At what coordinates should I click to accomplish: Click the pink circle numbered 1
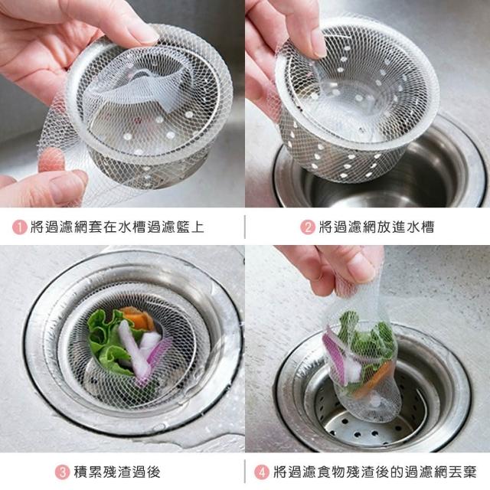(x=19, y=227)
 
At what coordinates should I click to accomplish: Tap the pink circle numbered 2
(x=308, y=227)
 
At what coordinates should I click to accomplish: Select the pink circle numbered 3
(x=62, y=472)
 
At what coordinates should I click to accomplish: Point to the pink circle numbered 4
(x=262, y=472)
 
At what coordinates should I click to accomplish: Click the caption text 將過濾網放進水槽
(x=377, y=227)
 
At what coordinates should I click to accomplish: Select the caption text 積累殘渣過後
(x=117, y=472)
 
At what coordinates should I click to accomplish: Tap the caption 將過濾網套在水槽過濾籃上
(x=117, y=227)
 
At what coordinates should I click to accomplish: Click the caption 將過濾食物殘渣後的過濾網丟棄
(x=375, y=472)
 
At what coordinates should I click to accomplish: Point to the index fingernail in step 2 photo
(x=318, y=44)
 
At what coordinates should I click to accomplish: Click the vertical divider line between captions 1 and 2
(x=245, y=227)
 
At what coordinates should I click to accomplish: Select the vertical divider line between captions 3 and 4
(x=245, y=472)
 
